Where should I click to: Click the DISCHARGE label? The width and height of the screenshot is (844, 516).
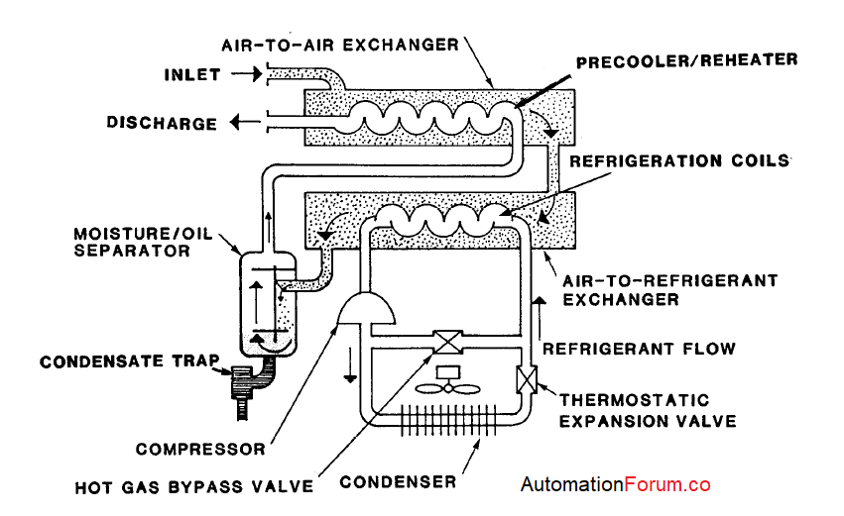[162, 124]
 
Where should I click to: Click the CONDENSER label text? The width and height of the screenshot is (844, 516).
[399, 482]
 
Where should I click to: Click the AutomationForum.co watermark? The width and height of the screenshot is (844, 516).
[616, 485]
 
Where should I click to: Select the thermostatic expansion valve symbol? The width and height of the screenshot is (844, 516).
[525, 380]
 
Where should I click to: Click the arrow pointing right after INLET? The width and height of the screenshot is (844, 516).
[240, 74]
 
